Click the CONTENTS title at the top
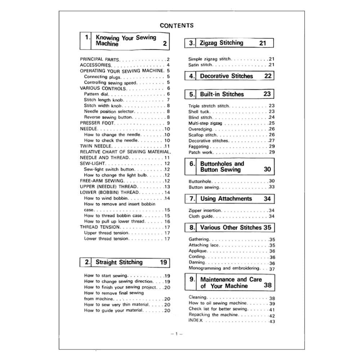[x=176, y=26]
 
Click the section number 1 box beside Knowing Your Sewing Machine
[x=87, y=37]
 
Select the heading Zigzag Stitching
[x=221, y=43]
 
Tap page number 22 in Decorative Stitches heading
[x=268, y=76]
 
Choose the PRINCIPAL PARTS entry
[x=99, y=59]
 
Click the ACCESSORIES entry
[x=95, y=65]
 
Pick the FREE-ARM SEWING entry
[x=102, y=181]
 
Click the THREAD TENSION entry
[x=100, y=227]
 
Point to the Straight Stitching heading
[x=119, y=262]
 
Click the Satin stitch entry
[x=201, y=65]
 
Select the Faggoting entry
[x=198, y=147]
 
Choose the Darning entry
[x=197, y=262]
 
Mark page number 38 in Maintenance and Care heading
[x=267, y=285]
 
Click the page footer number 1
[x=177, y=334]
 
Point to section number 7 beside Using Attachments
[x=192, y=199]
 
